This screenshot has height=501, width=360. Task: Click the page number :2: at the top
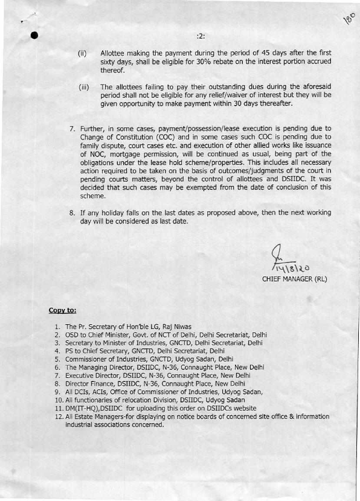[201, 36]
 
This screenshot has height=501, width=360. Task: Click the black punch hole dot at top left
[34, 35]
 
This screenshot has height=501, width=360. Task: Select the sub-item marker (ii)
[83, 54]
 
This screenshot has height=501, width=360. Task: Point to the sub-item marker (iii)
[84, 87]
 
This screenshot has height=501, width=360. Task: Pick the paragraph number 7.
[72, 129]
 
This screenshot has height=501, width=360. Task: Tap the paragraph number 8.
[72, 212]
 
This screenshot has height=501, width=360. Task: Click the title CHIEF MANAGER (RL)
[294, 279]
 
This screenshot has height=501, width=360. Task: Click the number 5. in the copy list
[57, 359]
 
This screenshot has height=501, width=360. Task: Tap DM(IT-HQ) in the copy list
[85, 408]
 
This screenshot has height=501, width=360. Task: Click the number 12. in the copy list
[59, 416]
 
